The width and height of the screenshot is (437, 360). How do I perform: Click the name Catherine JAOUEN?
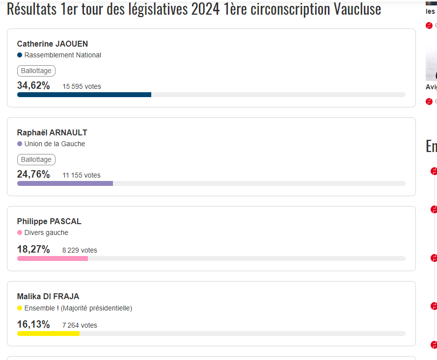coord(53,44)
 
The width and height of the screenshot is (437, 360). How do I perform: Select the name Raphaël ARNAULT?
coord(52,132)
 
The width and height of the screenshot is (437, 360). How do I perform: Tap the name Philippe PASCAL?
coord(49,221)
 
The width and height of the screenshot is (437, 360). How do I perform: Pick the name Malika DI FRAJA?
coord(48,296)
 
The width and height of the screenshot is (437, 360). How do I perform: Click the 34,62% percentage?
coord(33,86)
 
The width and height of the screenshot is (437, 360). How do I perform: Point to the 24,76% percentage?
coord(33,175)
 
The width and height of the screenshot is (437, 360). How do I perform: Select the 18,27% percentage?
coord(33,250)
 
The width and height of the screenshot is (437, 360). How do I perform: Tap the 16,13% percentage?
coord(33,325)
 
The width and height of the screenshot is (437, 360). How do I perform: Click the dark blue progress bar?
coord(84,95)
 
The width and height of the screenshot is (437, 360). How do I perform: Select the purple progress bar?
coord(65,183)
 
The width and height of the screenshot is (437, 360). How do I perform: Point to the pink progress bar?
coord(53,258)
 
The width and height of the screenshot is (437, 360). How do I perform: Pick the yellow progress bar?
coord(48,334)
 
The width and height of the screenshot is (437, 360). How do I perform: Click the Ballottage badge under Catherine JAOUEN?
coord(36,71)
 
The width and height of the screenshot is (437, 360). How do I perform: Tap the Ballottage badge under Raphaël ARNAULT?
coord(36,159)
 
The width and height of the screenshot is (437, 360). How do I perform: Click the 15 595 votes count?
coord(82,86)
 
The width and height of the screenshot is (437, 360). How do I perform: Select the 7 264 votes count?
coord(80,325)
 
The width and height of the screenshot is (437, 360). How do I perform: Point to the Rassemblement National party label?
coord(62,55)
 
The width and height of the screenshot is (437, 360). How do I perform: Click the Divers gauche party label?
coord(46,232)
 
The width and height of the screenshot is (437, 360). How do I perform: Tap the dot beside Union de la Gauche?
coord(20,144)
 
